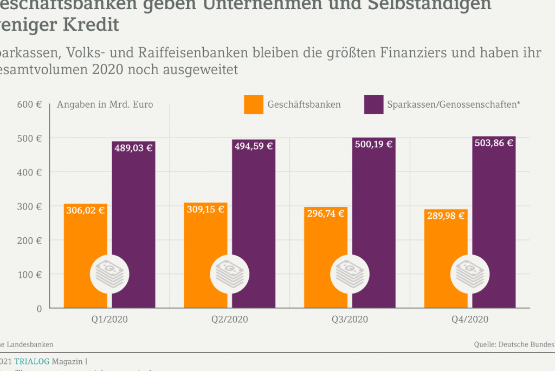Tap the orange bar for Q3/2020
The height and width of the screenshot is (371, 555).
coord(325,238)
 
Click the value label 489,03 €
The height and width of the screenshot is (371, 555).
coord(133,147)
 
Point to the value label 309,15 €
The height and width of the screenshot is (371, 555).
coord(205,209)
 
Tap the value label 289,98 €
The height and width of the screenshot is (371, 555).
coord(445,216)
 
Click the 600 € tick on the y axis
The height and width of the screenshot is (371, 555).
coord(31,105)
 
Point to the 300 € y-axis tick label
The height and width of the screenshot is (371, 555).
coord(31,206)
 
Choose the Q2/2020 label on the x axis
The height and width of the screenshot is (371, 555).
coord(230,320)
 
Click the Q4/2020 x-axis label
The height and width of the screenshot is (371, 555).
coord(470,320)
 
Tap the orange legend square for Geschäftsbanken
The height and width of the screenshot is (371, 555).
coord(254,105)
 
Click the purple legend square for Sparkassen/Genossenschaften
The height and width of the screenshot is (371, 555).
coord(373,105)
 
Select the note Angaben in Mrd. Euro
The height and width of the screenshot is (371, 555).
coord(105,105)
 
